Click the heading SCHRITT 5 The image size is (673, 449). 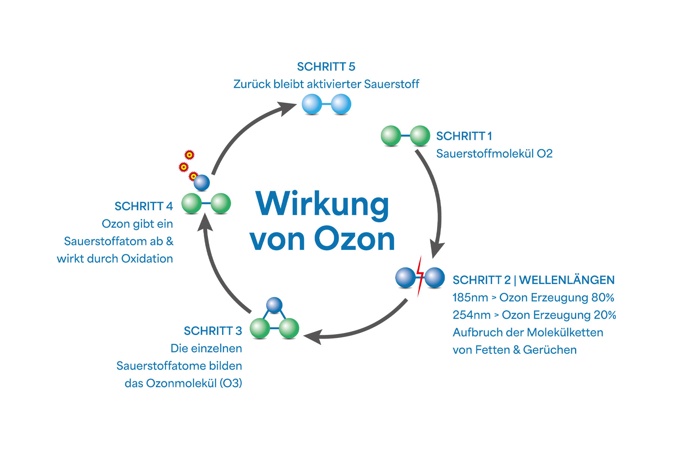326,67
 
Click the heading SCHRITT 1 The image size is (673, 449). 464,136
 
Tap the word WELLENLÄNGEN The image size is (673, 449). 567,280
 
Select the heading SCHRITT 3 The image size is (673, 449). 213,331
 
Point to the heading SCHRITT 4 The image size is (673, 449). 144,206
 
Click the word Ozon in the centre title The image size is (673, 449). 354,239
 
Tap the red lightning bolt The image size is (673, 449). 420,276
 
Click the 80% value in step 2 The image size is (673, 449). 603,297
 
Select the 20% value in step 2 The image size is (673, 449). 605,315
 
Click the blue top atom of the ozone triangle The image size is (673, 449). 274,305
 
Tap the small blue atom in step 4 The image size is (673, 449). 202,183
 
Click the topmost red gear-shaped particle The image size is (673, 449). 190,155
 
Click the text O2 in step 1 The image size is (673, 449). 544,154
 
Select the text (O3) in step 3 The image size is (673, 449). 231,383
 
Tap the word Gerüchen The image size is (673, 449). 550,350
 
